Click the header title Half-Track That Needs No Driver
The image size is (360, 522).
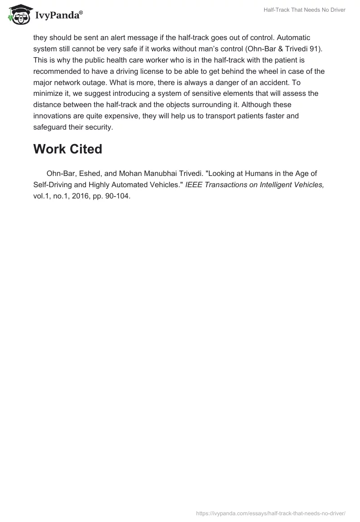point(305,10)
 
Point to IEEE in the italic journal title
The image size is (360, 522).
point(194,184)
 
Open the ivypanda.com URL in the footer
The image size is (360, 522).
point(271,513)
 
